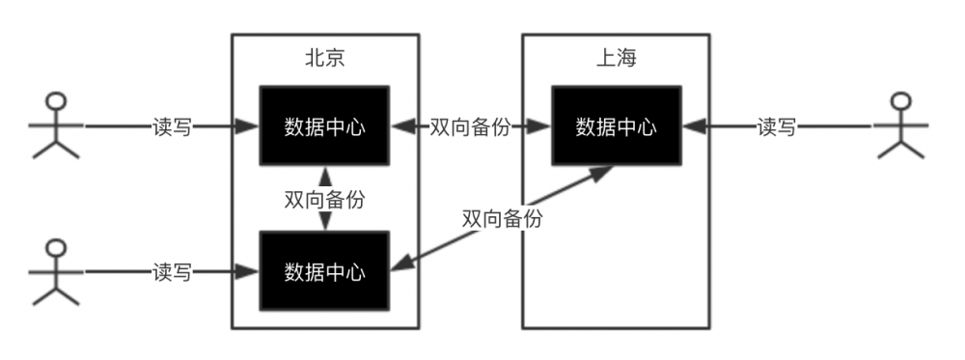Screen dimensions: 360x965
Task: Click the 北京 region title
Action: [325, 57]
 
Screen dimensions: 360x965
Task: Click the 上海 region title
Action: [616, 57]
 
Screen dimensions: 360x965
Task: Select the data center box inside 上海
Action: [616, 125]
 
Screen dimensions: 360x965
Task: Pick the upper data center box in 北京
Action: [324, 125]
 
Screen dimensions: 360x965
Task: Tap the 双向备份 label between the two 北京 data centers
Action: [324, 199]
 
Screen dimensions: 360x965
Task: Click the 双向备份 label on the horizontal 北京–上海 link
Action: [471, 126]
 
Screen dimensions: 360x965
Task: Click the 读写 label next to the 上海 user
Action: [777, 126]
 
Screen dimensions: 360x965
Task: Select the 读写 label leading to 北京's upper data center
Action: [172, 126]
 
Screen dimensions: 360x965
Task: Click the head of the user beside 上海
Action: [900, 101]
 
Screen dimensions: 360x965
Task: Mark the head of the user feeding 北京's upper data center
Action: [55, 101]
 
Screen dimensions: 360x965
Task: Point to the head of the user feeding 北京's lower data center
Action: [55, 248]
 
